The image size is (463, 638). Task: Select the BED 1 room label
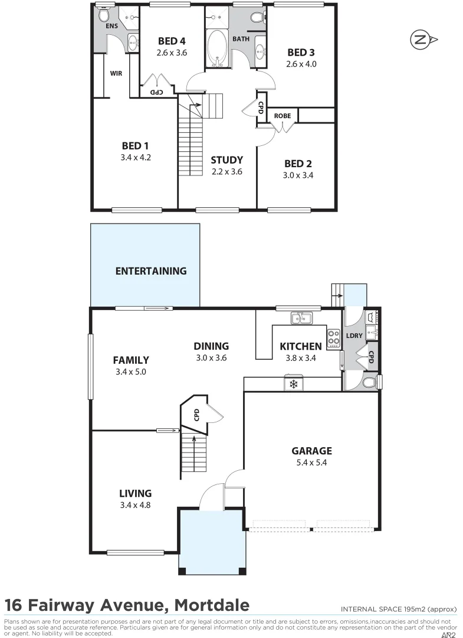point(132,146)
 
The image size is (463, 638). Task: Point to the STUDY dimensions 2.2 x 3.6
point(226,171)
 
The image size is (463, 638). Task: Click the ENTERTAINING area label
point(151,271)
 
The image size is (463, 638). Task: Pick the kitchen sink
point(301,319)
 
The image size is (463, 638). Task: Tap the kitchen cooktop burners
point(334,337)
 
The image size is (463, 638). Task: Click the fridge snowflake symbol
point(293,385)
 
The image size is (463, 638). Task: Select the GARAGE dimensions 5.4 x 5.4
point(312,463)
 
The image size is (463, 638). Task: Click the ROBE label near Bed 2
point(283,116)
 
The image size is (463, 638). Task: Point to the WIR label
point(116,74)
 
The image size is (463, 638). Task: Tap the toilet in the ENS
point(104,14)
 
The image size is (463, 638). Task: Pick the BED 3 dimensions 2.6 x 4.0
point(302,64)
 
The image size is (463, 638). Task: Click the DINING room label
point(211,346)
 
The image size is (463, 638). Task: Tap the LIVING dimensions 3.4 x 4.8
point(136,505)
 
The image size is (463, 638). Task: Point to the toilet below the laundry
point(368,383)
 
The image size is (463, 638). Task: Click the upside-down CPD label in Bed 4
point(156,92)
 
